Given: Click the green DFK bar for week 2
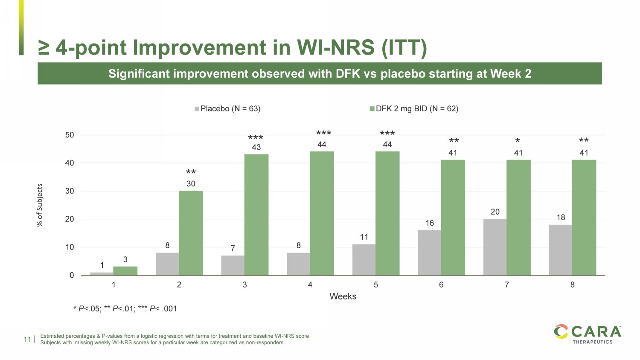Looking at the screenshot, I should tap(191, 233).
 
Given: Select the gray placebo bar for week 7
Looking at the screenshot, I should tap(495, 247).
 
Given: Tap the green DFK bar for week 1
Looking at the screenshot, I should tap(125, 271).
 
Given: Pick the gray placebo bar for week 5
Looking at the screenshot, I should tap(364, 260).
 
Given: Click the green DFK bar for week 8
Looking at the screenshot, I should tap(584, 218).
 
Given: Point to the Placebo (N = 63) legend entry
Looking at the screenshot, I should tap(227, 109).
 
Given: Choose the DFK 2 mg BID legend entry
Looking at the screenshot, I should tap(414, 109).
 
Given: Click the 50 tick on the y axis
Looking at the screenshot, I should tap(70, 135).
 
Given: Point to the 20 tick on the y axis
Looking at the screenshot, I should tap(70, 219).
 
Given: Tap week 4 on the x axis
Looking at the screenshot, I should tap(310, 285).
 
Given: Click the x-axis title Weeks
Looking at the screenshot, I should tap(343, 296).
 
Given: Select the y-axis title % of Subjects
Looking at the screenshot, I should tap(40, 205).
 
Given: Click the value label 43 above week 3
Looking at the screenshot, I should tap(256, 147).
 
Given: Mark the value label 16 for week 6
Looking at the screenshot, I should tap(430, 223).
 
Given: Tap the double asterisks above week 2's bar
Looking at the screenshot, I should tap(191, 172).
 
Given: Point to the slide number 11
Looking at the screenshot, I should tap(28, 340).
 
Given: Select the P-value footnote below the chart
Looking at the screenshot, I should tap(125, 308).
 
